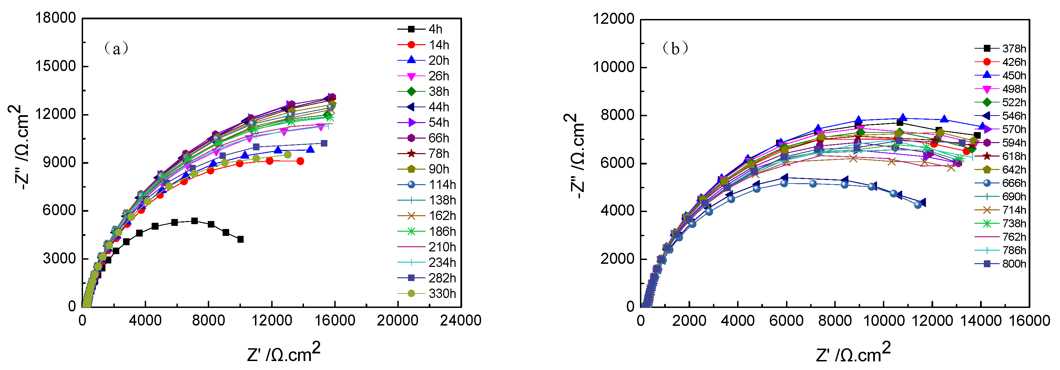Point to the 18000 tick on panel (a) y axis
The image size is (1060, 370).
(x=55, y=18)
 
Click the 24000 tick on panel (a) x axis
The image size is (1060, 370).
(x=460, y=321)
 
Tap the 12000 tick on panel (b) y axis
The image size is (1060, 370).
(x=613, y=19)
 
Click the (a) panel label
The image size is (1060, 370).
(x=116, y=49)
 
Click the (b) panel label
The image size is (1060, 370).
(x=675, y=49)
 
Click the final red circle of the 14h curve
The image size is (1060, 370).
(x=300, y=161)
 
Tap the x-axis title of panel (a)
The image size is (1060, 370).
(x=284, y=353)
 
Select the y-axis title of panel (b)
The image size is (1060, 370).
(x=574, y=157)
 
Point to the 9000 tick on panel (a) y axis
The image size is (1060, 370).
(x=60, y=162)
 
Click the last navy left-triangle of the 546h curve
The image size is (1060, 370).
(x=923, y=202)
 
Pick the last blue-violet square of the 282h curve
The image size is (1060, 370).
(x=324, y=143)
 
